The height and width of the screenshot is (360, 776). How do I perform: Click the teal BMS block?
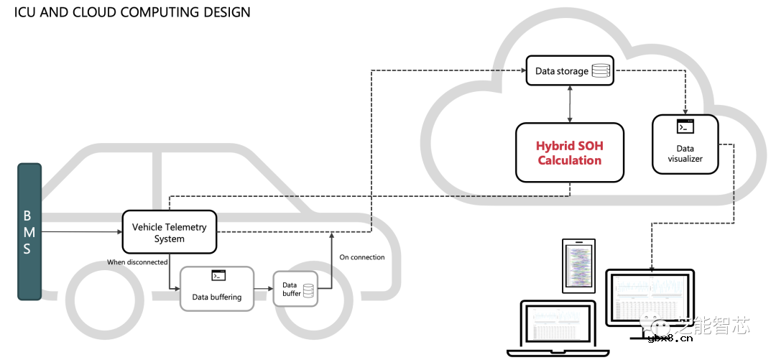pos(29,231)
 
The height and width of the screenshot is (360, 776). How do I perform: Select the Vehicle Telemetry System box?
pos(169,232)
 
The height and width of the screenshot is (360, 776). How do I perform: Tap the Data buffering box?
pos(216,289)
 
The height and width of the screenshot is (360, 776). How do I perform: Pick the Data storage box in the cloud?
pos(570,71)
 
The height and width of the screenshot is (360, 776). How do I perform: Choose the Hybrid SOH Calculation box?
pos(569,152)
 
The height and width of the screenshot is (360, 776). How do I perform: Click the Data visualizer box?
pos(685,144)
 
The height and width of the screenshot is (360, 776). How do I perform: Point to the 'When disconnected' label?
pos(137,262)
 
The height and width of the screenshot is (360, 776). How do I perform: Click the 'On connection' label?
pos(361,257)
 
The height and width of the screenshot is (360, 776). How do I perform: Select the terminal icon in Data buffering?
pos(218,275)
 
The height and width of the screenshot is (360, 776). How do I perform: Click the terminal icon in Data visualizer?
pos(685,126)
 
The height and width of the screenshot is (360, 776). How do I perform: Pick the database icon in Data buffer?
pos(308,290)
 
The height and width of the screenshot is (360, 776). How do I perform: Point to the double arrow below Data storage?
pos(570,103)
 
